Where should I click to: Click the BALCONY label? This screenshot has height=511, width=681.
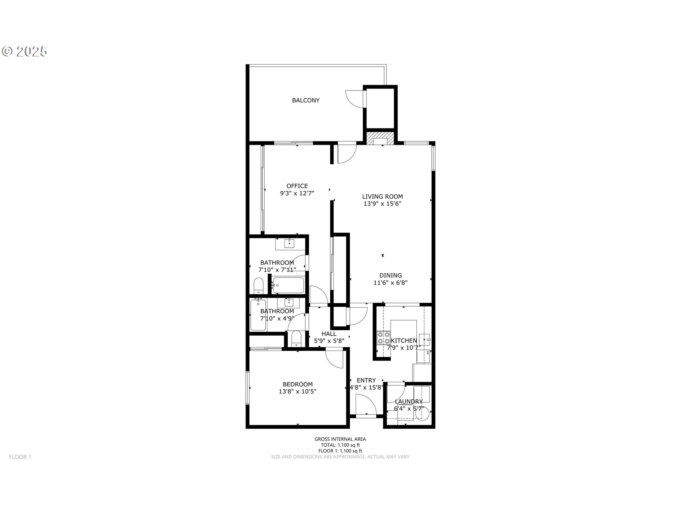pyautogui.click(x=306, y=100)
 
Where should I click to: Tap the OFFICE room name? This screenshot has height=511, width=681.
pyautogui.click(x=297, y=186)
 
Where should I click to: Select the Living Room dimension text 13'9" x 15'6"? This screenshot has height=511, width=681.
pyautogui.click(x=382, y=204)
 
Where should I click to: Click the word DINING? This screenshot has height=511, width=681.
pyautogui.click(x=391, y=275)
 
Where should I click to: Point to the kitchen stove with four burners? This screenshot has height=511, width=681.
pyautogui.click(x=383, y=337)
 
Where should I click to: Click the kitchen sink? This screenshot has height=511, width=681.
pyautogui.click(x=424, y=340)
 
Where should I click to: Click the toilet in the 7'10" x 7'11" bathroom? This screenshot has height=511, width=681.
pyautogui.click(x=258, y=286)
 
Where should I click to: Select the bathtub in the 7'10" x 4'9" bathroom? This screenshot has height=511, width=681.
pyautogui.click(x=258, y=315)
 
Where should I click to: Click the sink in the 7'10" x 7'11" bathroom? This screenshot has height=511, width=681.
pyautogui.click(x=290, y=244)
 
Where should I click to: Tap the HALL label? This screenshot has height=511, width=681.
pyautogui.click(x=329, y=334)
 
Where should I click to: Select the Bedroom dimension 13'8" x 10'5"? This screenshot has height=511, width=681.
pyautogui.click(x=298, y=392)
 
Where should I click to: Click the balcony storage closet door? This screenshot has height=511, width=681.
pyautogui.click(x=355, y=98)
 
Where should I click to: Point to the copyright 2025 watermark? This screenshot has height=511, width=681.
pyautogui.click(x=25, y=52)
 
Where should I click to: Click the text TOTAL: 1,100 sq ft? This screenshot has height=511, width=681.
pyautogui.click(x=340, y=445)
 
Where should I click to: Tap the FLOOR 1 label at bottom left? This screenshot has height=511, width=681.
pyautogui.click(x=20, y=457)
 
